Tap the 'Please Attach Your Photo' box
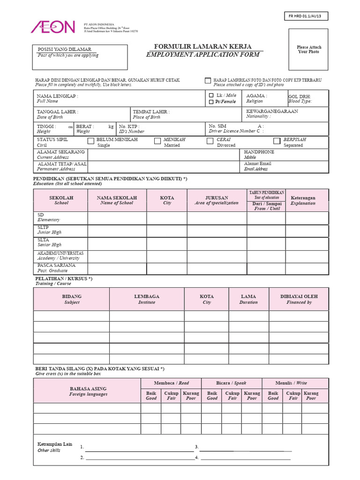coord(309,50)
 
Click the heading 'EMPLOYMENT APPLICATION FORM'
coord(202,55)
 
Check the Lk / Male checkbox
coord(211,95)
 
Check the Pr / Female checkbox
coord(211,102)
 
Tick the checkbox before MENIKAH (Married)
coord(157,141)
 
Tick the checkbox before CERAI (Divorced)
coord(210,141)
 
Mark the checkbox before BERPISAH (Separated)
coord(277,141)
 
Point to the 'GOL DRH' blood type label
coord(300,97)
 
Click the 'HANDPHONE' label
coord(259,152)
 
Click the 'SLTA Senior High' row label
coord(49,242)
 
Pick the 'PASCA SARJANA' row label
coord(56,265)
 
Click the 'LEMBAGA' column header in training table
coord(147,296)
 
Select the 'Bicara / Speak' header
coord(231,383)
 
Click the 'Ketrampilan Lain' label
coord(54,444)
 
